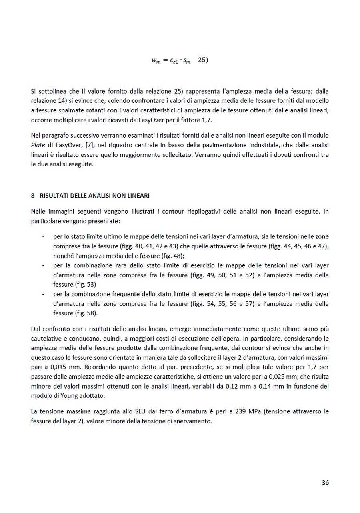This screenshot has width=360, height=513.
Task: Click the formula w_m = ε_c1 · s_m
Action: [x=171, y=60]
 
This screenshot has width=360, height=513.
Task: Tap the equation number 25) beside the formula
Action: [x=203, y=60]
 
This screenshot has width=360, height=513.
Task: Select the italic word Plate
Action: [x=38, y=145]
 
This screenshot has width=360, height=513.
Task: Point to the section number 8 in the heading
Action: [x=33, y=196]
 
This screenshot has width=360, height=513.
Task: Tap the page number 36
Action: [x=325, y=483]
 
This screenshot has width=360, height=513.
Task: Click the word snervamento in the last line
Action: [x=194, y=421]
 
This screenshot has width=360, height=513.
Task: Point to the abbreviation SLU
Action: [x=122, y=411]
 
